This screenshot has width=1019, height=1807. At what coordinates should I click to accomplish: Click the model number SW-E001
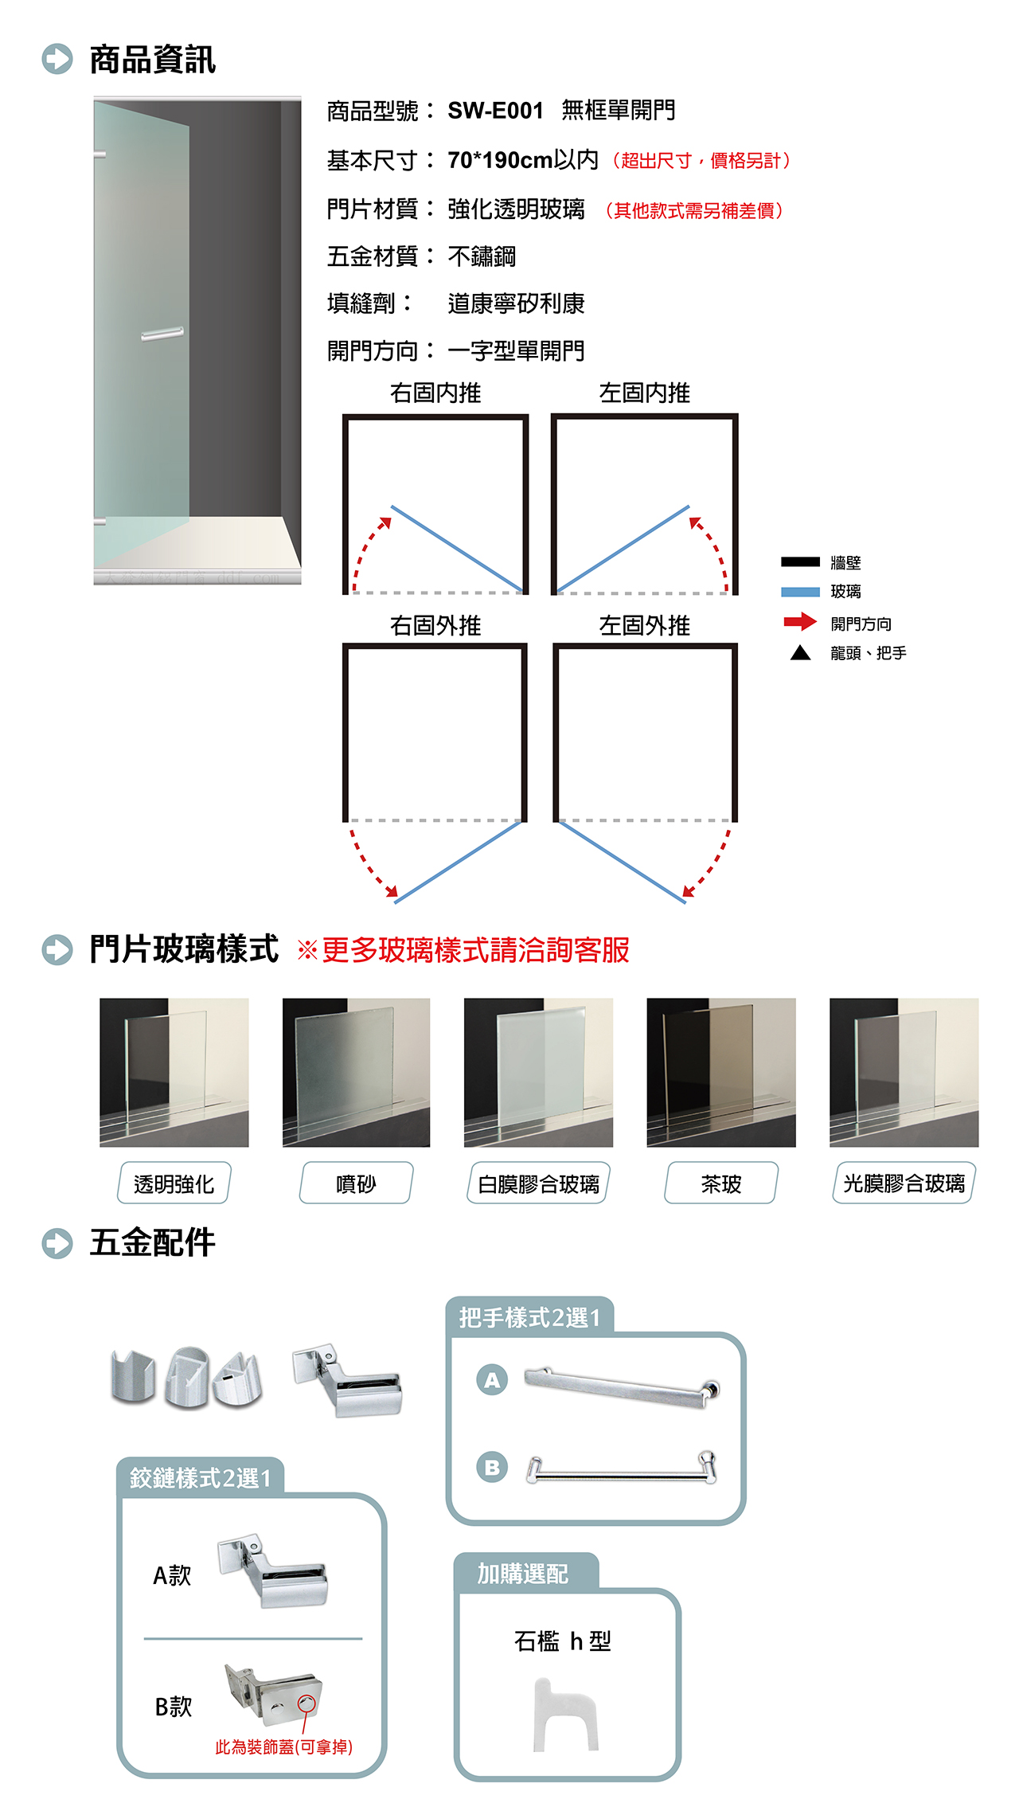[x=495, y=110]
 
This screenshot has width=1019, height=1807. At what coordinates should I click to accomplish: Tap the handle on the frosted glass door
[x=162, y=334]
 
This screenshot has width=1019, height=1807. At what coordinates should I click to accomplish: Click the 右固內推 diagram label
[x=435, y=393]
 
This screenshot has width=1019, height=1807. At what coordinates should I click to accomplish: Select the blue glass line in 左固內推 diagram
[x=623, y=549]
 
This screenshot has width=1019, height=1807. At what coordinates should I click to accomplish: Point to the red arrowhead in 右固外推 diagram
[x=392, y=891]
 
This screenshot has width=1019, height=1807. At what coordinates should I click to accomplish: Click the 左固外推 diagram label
[x=644, y=625]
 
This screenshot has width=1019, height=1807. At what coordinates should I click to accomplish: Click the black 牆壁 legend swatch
[x=800, y=561]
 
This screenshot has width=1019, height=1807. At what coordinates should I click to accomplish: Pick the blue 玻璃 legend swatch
[x=800, y=592]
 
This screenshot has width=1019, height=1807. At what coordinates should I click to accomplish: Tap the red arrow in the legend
[x=800, y=621]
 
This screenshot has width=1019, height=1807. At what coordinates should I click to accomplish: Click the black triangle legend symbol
[x=800, y=654]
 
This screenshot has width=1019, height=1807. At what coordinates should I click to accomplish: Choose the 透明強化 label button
[x=174, y=1183]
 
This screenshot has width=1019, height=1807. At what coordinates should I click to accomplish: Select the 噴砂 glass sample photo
[x=356, y=1073]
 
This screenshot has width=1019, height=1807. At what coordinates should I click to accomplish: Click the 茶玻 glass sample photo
[x=721, y=1073]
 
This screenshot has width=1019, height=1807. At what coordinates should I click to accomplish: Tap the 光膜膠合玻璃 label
[x=904, y=1183]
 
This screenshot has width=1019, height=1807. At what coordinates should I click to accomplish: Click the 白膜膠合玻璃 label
[x=538, y=1183]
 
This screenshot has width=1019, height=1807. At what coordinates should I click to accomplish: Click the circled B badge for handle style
[x=492, y=1466]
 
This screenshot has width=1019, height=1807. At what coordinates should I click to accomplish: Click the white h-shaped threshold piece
[x=564, y=1714]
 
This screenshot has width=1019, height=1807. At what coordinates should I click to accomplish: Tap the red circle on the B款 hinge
[x=306, y=1703]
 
